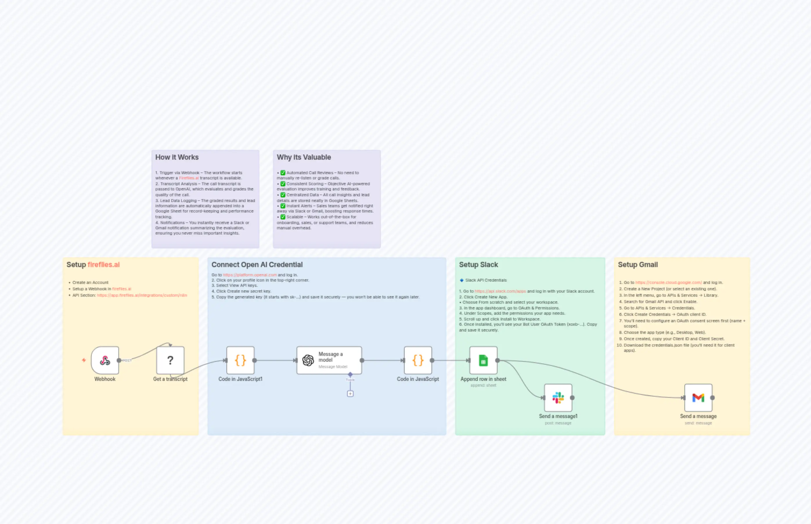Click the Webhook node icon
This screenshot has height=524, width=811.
105,360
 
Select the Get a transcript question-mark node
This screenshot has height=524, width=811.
170,360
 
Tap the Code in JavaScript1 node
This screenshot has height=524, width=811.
240,360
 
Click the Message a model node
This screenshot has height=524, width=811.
329,360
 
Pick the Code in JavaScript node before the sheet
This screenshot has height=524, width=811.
418,360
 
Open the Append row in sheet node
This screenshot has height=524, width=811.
483,360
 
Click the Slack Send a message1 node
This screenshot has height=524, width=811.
558,398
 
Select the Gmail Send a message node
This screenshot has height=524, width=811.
698,398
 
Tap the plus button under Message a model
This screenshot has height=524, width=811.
350,394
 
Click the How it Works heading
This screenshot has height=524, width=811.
177,157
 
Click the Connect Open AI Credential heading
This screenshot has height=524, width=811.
257,265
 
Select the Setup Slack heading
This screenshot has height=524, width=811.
478,265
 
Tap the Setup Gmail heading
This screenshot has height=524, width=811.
637,265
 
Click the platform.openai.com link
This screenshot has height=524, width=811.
250,275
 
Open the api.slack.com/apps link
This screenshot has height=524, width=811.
500,291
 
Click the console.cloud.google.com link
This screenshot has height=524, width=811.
668,282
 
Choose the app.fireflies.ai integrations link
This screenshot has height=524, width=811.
142,295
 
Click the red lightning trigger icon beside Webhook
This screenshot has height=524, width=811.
84,360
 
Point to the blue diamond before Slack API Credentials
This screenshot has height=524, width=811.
462,280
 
